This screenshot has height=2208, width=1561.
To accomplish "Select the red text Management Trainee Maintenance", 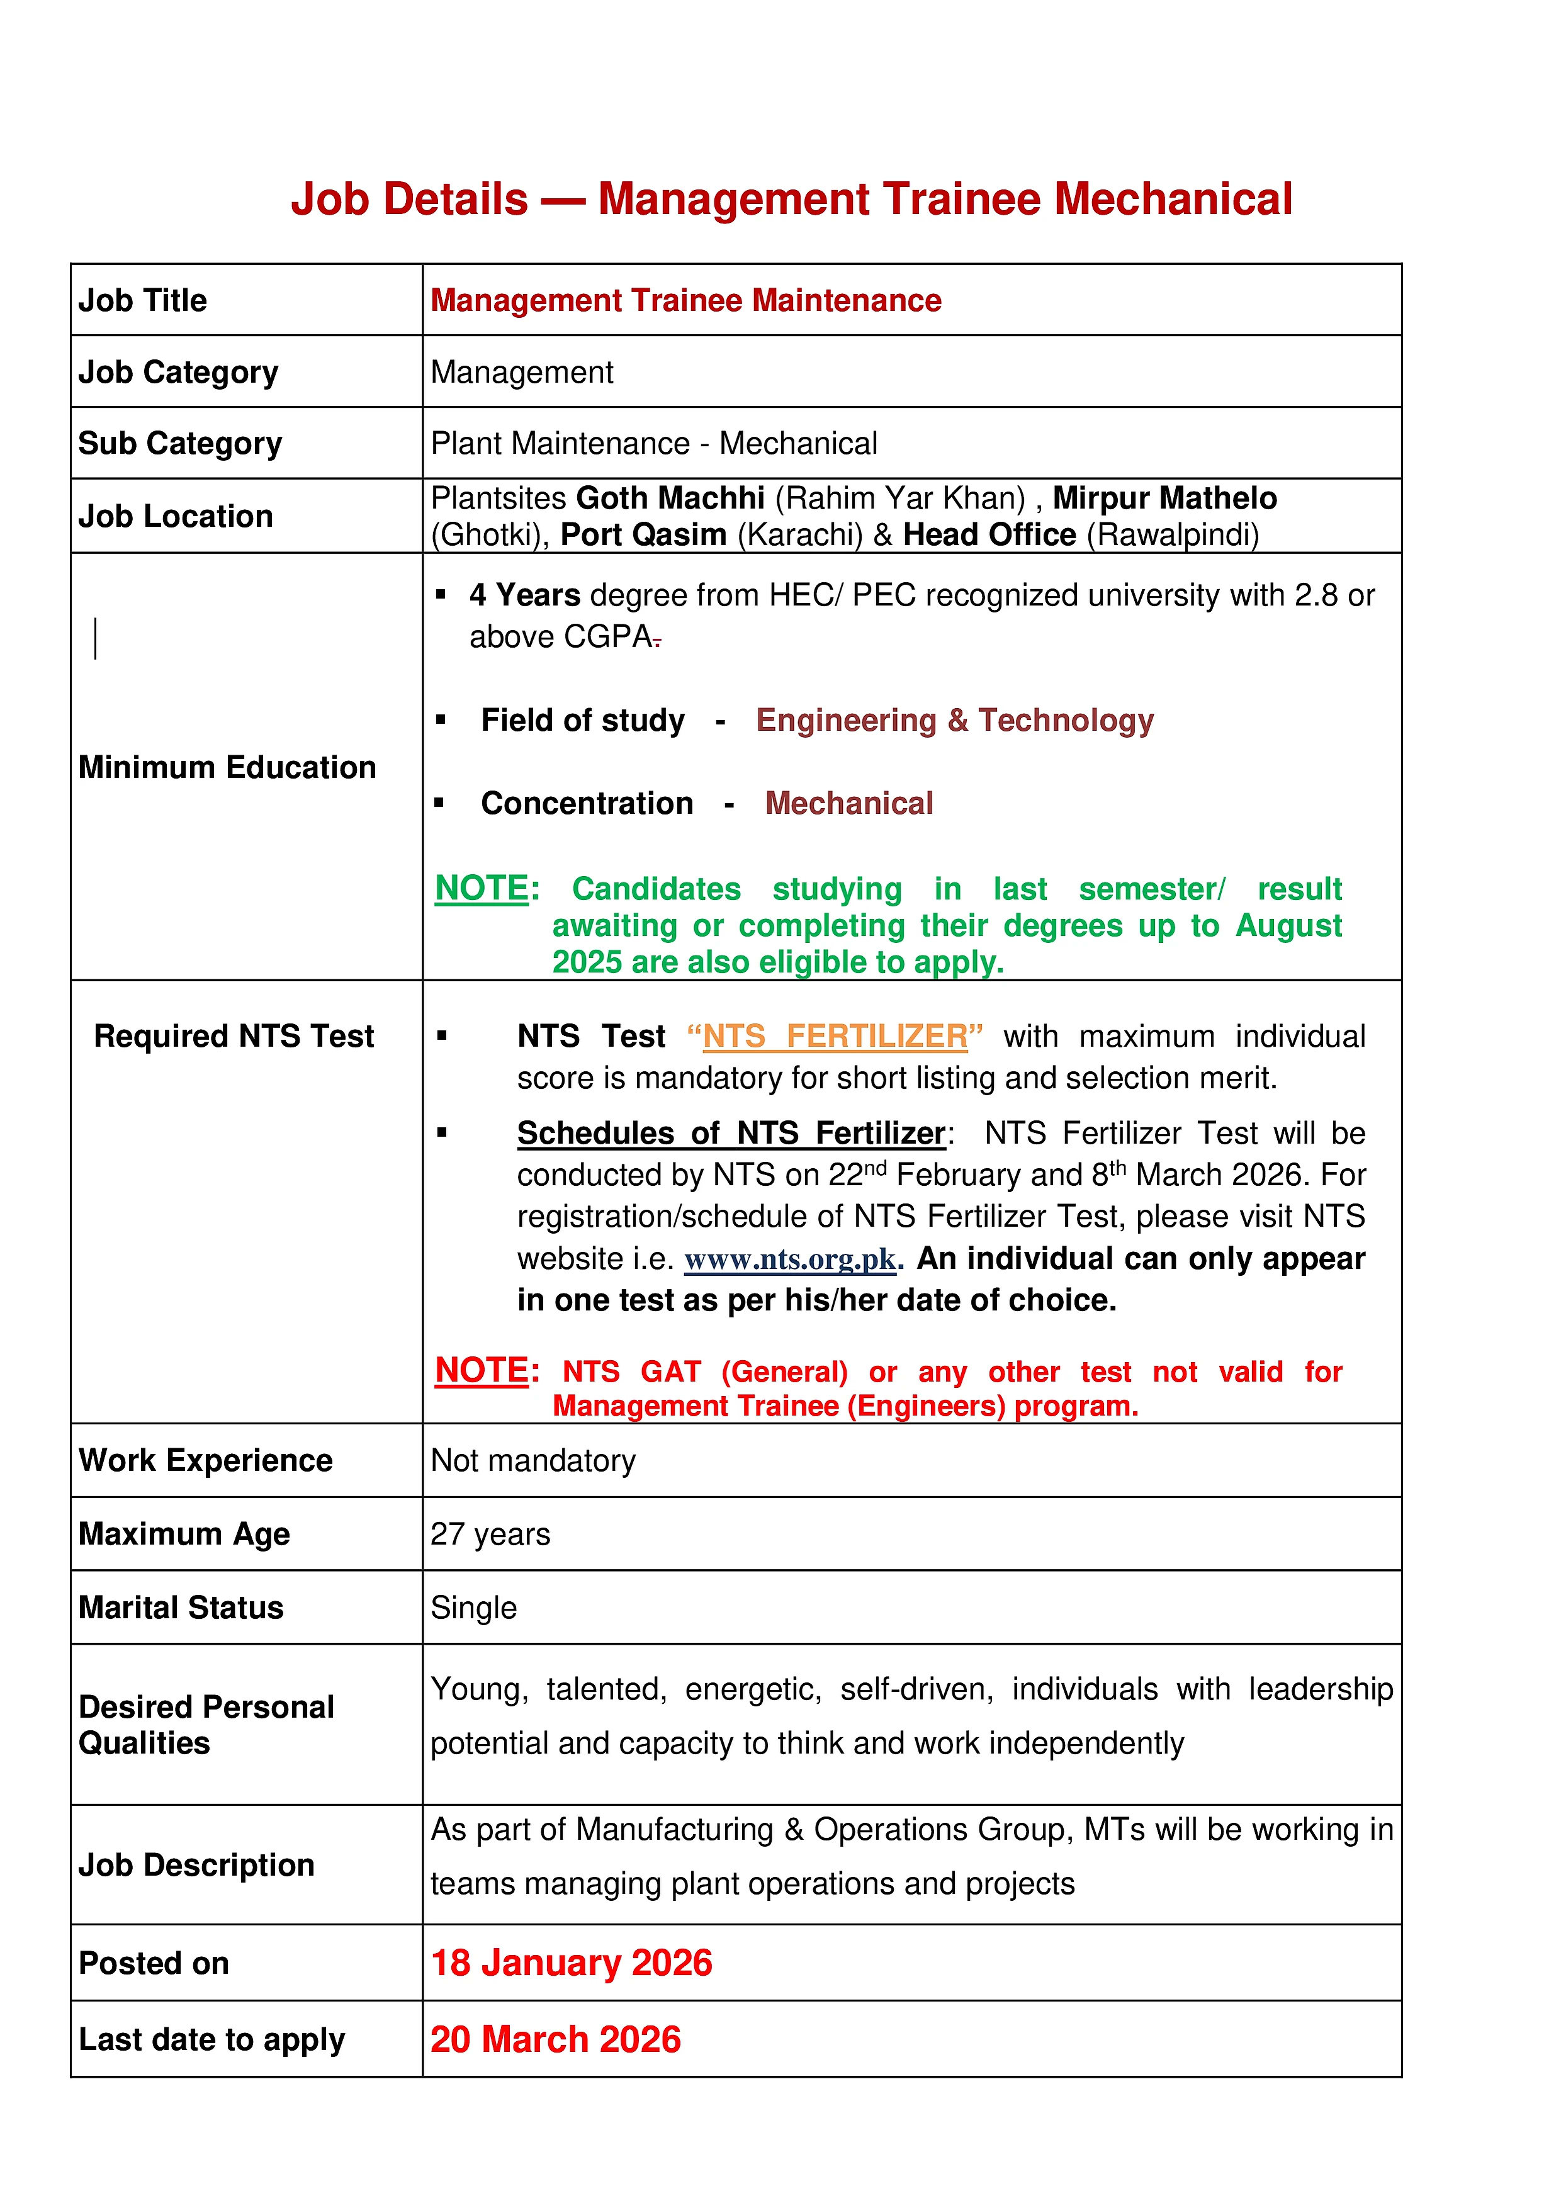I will (x=685, y=300).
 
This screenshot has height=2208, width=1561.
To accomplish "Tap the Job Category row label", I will (x=178, y=372).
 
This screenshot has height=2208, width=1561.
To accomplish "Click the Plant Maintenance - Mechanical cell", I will (x=653, y=443).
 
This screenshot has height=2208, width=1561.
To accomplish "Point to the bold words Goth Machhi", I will (x=670, y=498).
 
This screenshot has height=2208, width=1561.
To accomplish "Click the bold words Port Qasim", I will (x=643, y=534).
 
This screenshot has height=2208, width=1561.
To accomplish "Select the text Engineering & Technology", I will (x=954, y=720).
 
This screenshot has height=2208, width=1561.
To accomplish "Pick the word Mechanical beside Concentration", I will (x=848, y=803).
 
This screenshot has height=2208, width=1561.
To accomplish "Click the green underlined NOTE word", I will (x=481, y=887).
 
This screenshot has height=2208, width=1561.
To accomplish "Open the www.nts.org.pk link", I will (x=790, y=1259).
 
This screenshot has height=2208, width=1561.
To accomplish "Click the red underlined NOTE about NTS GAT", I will (x=481, y=1370).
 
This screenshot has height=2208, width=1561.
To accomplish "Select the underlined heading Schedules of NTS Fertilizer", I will (x=731, y=1133).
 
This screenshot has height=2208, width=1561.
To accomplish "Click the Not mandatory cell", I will (x=533, y=1460).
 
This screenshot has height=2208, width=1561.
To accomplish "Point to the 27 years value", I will (x=490, y=1534).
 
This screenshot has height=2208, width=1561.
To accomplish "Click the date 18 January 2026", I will (x=572, y=1963).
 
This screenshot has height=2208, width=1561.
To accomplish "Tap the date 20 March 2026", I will (x=555, y=2039).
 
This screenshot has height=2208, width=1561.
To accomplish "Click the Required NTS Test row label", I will (x=234, y=1036).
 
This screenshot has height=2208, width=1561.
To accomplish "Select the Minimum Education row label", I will (x=227, y=767).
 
